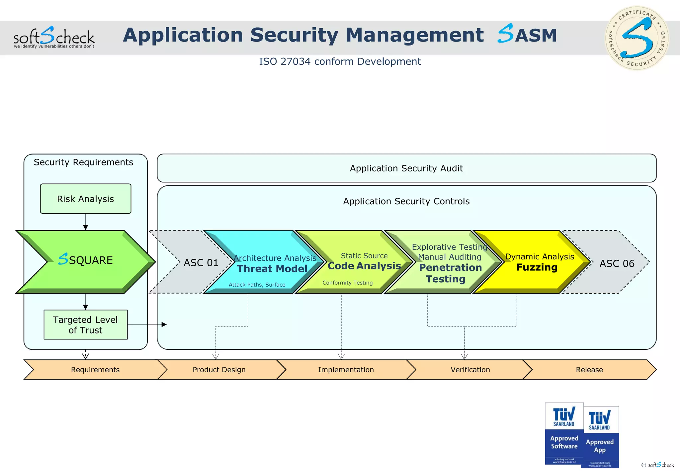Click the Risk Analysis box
[85, 199]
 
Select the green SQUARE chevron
[85, 260]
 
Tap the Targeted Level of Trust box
[85, 325]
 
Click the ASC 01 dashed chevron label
[201, 263]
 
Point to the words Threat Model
[272, 268]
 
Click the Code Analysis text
[364, 266]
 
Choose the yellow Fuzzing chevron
[537, 267]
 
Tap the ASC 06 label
[617, 263]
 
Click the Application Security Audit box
[406, 168]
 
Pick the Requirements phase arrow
[95, 370]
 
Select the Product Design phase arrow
[219, 370]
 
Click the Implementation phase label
[346, 370]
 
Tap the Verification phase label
[470, 370]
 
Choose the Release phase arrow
[589, 370]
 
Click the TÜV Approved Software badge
[564, 433]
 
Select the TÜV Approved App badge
[600, 437]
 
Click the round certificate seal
[637, 38]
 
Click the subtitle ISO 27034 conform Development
[340, 61]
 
